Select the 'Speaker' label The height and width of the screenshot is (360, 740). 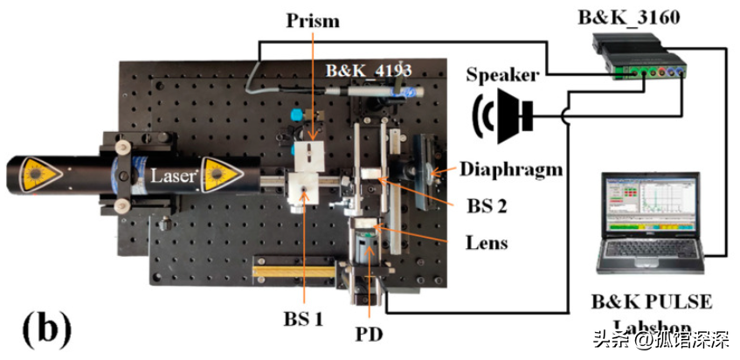pos(501,75)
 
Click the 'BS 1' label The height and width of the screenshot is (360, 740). pos(303,319)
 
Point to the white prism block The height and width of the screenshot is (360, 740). pos(310,158)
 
